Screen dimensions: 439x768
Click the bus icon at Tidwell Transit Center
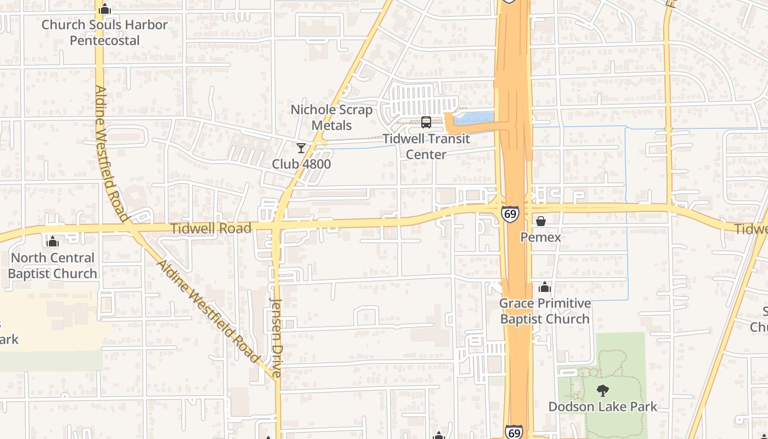point(426,122)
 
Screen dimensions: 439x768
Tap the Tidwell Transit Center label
point(426,147)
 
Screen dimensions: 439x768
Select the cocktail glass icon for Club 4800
point(301,148)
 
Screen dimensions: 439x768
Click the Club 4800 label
point(301,164)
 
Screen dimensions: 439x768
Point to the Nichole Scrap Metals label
point(331,117)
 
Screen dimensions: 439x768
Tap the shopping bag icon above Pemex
point(541,221)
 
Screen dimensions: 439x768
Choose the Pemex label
point(540,237)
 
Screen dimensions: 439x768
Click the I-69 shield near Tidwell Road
point(510,214)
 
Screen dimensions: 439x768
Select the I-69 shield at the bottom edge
point(514,432)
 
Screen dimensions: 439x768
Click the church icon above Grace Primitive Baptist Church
point(544,287)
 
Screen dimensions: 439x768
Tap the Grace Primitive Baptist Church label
point(545,311)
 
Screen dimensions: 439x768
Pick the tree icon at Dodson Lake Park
point(602,391)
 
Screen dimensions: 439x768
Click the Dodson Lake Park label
point(602,407)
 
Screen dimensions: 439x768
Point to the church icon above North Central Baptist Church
point(53,241)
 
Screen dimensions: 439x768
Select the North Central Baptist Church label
point(53,266)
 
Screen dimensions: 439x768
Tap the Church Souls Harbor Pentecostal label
point(105,32)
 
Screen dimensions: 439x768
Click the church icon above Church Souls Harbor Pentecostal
point(105,9)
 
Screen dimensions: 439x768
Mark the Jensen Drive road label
point(276,337)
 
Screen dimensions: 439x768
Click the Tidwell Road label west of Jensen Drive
point(211,228)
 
